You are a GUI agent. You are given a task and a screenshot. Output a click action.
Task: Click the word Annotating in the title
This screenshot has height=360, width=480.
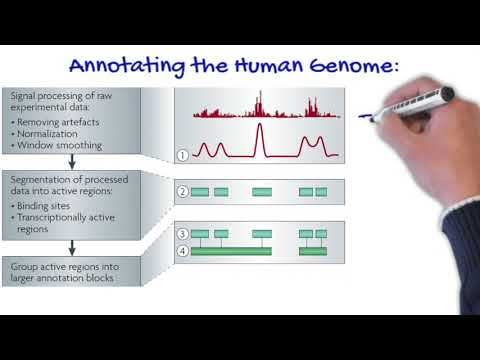(x=116, y=67)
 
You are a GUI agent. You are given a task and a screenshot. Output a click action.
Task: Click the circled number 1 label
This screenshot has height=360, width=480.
(x=182, y=155)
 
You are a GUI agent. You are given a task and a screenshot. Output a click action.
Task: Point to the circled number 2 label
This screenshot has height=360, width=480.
(x=182, y=191)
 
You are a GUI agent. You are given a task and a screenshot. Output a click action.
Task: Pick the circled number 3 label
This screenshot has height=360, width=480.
(x=182, y=233)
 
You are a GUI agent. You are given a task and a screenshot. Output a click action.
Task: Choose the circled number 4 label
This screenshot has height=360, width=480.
(x=182, y=250)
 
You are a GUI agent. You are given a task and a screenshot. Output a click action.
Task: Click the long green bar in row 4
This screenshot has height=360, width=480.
(x=231, y=251)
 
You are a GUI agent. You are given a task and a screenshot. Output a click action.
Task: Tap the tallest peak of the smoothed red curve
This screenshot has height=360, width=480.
(x=260, y=127)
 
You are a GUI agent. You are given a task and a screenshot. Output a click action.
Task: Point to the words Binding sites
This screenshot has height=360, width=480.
(x=51, y=204)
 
